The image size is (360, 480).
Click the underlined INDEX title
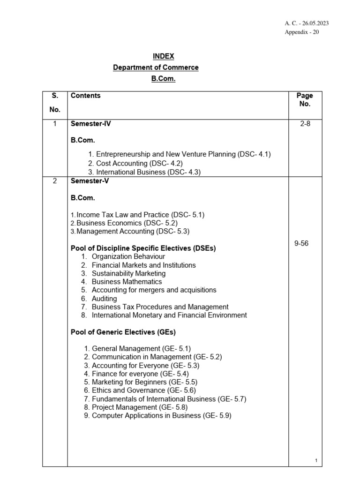[163, 56]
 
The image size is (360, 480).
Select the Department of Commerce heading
[156, 67]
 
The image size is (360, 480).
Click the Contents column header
[85, 96]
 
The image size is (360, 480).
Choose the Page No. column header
[305, 100]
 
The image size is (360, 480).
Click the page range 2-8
[305, 124]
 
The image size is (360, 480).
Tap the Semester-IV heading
[90, 124]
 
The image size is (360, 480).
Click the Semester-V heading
[90, 181]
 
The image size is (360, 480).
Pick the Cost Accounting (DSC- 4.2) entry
[135, 163]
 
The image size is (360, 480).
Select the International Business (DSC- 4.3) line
[144, 172]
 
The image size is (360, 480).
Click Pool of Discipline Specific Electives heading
[143, 248]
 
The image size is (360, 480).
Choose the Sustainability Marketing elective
[128, 273]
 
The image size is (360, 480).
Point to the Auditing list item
[104, 299]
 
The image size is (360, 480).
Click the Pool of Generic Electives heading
[123, 332]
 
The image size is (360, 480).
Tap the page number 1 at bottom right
[316, 461]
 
